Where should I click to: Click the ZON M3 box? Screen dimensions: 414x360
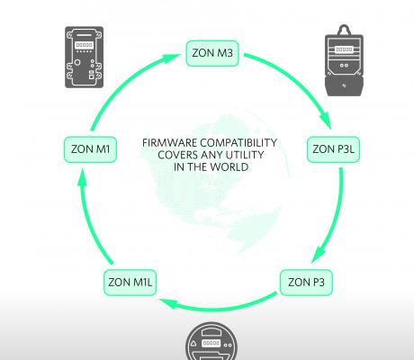click(x=212, y=53)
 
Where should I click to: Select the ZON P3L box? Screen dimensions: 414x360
click(x=333, y=149)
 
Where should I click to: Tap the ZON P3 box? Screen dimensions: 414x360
click(x=306, y=283)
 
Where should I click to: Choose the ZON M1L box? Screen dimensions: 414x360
click(x=130, y=283)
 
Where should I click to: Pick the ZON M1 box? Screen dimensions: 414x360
click(x=90, y=149)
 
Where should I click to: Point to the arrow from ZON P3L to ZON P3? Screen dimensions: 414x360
click(x=336, y=217)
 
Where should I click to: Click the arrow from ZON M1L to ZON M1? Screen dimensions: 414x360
click(x=88, y=219)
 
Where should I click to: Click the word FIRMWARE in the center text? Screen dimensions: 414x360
click(x=169, y=143)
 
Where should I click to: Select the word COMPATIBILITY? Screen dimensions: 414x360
click(x=238, y=143)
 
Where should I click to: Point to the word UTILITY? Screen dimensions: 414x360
click(x=245, y=155)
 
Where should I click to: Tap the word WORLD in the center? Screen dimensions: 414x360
click(x=229, y=167)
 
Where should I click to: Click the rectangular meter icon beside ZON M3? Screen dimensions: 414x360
click(x=85, y=58)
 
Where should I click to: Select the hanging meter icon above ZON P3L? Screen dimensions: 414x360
click(x=344, y=60)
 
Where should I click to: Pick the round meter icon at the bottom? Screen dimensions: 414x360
click(x=211, y=341)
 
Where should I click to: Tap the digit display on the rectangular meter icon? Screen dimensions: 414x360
click(x=85, y=45)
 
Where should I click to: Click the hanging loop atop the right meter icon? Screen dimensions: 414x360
click(x=344, y=30)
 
